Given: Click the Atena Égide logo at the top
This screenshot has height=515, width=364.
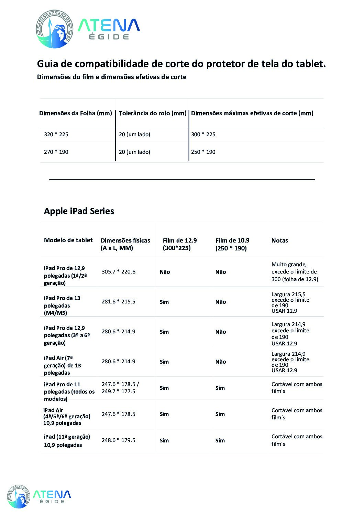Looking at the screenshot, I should coord(88,29).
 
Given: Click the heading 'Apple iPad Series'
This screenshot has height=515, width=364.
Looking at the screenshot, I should coord(79,211).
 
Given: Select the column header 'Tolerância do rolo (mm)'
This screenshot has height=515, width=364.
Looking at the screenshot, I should coord(152,113).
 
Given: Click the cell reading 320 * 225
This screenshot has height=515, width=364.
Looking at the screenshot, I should coord(56,135).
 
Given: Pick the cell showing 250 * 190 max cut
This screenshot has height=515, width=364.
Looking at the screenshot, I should coord(203,152).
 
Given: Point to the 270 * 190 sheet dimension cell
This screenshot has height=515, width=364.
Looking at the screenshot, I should coord(56,152).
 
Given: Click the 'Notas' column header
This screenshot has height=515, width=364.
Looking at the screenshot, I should coord(279,240).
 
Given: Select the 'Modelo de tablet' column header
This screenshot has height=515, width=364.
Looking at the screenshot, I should coord(68,240).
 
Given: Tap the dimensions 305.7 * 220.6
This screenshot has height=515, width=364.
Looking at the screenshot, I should coord(118,272).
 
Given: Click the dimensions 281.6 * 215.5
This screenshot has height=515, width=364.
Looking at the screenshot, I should coord(118,302).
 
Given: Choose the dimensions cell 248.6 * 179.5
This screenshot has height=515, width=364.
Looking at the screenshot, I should coord(118,440).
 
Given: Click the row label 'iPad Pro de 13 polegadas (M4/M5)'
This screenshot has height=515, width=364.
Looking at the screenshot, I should coord(62,305).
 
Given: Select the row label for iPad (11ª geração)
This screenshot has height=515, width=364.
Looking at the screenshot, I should coord(67,441).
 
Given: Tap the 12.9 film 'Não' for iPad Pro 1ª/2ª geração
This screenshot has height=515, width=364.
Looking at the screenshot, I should coord(165,272).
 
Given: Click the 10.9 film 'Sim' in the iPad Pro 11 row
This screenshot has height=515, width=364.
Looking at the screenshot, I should coord(220,388).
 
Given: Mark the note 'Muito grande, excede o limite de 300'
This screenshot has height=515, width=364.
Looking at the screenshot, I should coord(295,272).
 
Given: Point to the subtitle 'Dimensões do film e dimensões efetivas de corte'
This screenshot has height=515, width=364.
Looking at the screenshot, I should coord(112,77).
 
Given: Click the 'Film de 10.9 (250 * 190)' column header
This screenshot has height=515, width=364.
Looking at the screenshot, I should coord(232,244).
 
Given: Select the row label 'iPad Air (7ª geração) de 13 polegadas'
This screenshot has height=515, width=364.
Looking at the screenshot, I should coord(62,365).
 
